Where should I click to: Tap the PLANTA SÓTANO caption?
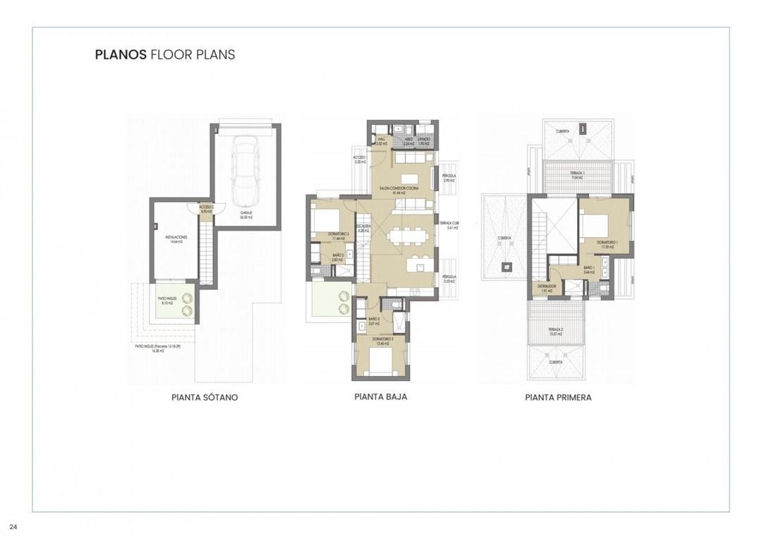(205, 397)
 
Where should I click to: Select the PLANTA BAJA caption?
(380, 396)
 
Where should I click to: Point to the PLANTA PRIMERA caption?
(558, 397)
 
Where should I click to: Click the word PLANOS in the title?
(121, 54)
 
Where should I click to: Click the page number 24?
(13, 526)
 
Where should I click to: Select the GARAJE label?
(246, 215)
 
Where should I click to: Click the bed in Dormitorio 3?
(381, 362)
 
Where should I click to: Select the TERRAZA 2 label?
(557, 331)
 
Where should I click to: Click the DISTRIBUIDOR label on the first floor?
(548, 288)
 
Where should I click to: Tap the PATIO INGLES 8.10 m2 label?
(167, 301)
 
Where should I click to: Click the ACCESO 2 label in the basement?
(205, 208)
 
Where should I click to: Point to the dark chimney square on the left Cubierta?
(505, 266)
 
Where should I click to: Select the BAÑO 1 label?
(588, 269)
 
